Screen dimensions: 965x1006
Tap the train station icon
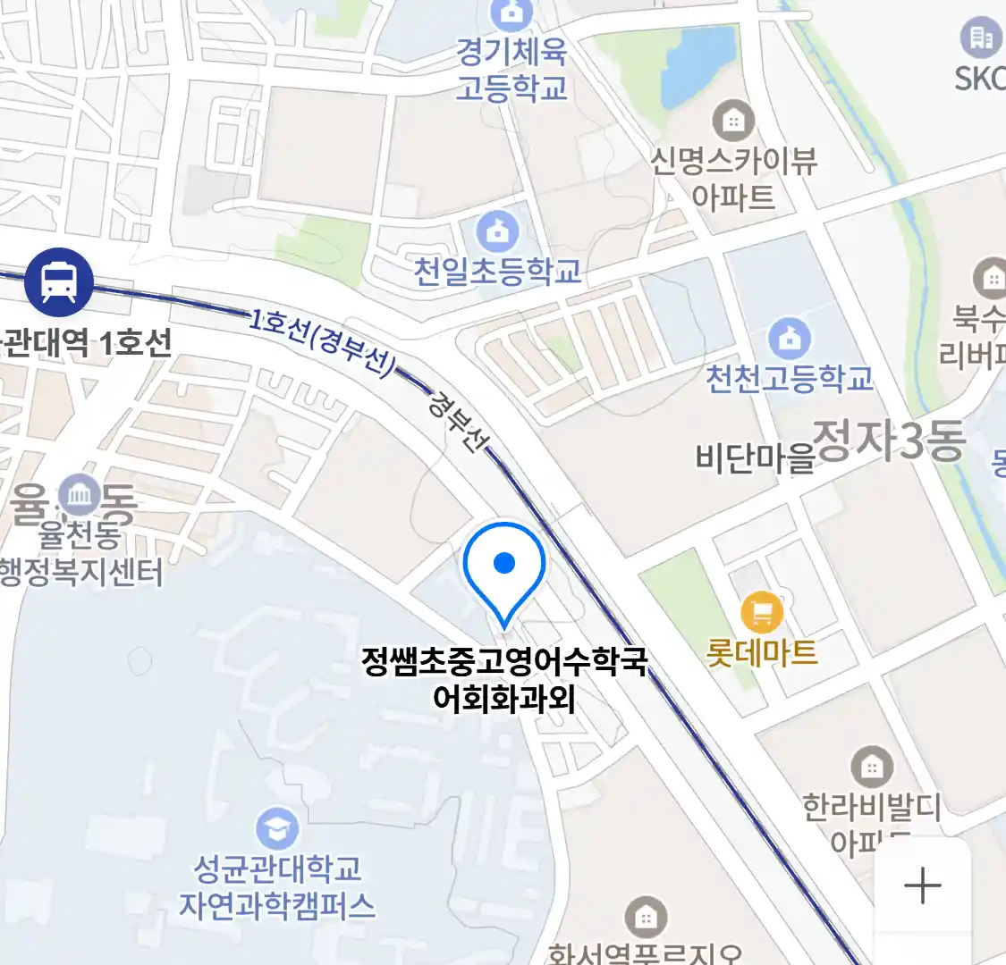59,282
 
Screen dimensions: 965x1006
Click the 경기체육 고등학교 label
511,70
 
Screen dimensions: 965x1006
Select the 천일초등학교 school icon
497,232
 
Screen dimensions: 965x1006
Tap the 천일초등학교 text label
497,271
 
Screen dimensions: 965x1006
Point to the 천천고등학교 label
790,379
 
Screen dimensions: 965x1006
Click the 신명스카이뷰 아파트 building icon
733,121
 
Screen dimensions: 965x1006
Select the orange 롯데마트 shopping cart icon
762,613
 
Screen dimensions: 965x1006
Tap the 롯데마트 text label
762,653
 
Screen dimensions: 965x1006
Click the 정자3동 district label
890,441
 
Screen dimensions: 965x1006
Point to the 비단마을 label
755,457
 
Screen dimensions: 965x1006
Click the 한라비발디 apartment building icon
871,767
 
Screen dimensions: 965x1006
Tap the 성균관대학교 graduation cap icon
277,829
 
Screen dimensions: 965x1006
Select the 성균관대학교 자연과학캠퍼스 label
277,887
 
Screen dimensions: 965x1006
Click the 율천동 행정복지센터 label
81,554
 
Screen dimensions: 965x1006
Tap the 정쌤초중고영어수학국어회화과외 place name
503,679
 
